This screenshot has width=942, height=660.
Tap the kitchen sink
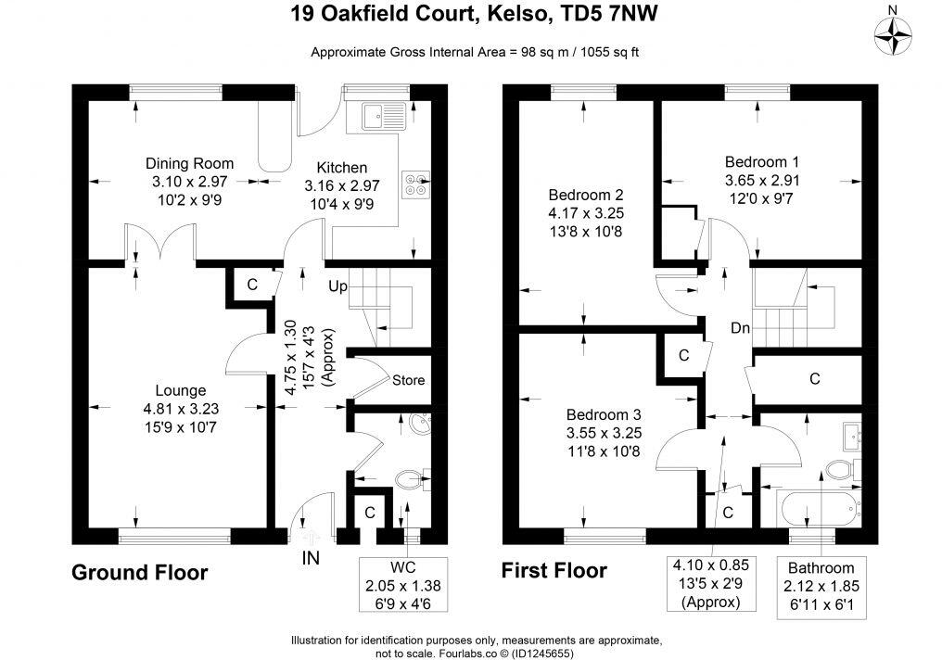(382, 117)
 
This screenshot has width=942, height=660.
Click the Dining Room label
(189, 163)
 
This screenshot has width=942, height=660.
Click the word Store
(408, 380)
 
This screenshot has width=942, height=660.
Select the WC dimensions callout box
(403, 581)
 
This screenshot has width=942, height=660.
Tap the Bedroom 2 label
(584, 196)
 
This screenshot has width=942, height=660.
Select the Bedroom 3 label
(605, 414)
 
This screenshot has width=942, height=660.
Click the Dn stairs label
(740, 328)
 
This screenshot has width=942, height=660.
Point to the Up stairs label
(337, 287)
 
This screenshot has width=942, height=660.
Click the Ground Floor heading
(140, 572)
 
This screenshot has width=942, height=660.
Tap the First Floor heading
(554, 570)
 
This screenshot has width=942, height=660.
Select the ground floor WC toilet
(409, 479)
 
